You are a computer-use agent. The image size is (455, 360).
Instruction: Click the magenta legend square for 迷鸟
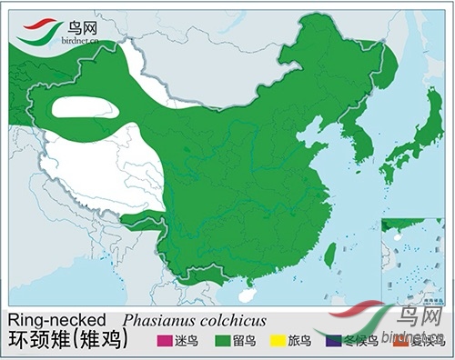(x=164, y=341)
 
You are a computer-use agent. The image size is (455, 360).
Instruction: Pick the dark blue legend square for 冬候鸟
(x=334, y=341)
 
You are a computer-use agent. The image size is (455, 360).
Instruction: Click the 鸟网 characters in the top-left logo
(x=86, y=25)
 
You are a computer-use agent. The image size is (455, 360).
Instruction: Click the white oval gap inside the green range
(x=85, y=107)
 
